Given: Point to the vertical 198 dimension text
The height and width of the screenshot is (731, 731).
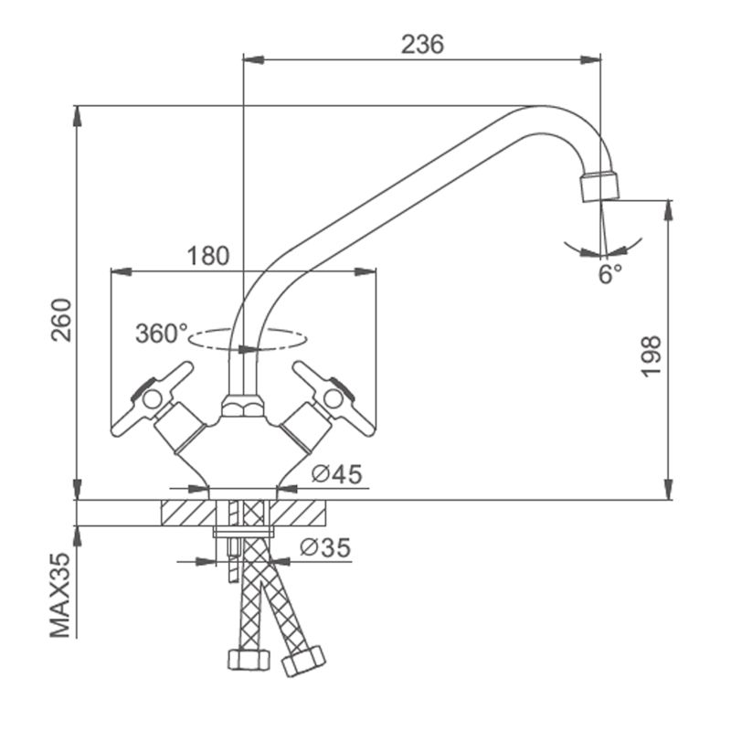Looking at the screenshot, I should tap(651, 355).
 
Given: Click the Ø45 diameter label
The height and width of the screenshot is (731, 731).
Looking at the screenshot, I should tap(336, 473).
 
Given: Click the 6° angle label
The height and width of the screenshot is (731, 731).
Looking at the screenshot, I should tap(610, 272).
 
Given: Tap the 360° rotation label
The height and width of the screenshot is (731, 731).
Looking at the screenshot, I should tap(161, 334).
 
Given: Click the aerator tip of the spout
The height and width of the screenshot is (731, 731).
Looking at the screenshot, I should tap(599, 186).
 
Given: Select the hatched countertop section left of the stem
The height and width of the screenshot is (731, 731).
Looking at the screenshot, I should tap(187, 513).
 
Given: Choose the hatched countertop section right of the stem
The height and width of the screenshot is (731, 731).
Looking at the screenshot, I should tap(301, 513).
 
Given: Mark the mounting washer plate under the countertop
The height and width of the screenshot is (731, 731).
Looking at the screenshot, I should tap(242, 531).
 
